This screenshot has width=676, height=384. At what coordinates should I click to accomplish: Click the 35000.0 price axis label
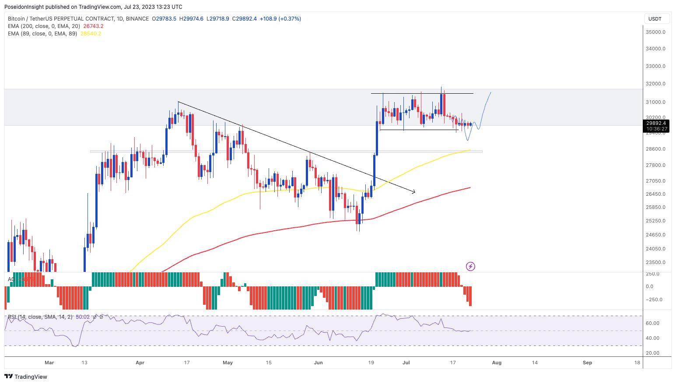[655, 32]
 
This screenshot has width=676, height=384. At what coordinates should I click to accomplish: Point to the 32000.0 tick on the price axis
[655, 84]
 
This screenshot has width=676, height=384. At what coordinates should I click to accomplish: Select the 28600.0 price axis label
[655, 149]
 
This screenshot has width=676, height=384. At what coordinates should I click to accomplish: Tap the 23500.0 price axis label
[655, 262]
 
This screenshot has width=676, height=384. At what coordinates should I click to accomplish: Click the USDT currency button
[655, 19]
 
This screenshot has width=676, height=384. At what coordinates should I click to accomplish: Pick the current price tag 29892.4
[656, 123]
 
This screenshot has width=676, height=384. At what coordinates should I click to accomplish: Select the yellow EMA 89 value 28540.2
[91, 34]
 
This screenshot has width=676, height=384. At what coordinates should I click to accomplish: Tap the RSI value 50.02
[83, 317]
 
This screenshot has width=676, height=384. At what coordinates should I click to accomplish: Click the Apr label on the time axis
[140, 363]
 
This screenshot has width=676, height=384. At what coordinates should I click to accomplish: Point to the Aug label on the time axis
[497, 363]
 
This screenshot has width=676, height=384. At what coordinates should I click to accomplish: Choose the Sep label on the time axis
[588, 363]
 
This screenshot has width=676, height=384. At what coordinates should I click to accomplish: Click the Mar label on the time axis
[49, 363]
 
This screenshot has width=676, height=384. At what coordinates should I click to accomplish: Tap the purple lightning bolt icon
[470, 266]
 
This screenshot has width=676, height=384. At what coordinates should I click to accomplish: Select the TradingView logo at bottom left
[26, 377]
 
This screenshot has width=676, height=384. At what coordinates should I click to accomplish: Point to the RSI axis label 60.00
[653, 323]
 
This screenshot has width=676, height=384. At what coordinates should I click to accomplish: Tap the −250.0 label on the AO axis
[652, 299]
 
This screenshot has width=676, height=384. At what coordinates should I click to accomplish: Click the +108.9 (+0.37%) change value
[280, 19]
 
